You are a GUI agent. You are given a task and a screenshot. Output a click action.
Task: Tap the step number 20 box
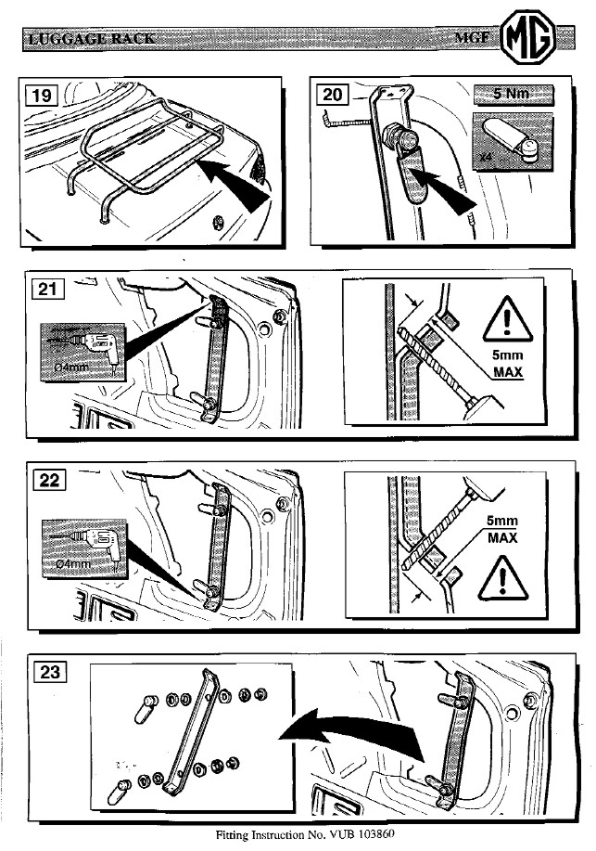tap(331, 94)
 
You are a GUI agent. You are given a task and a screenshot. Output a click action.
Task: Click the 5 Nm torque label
tap(513, 95)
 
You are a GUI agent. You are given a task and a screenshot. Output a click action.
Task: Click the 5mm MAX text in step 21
tap(508, 364)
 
